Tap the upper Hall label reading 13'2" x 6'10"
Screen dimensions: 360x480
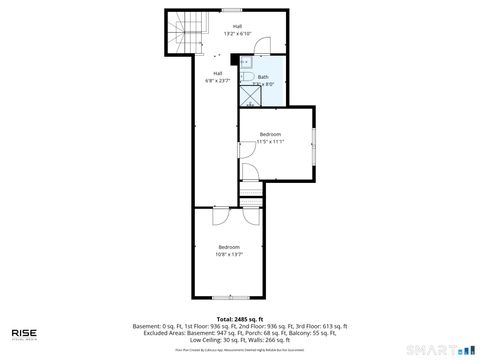point(237,31)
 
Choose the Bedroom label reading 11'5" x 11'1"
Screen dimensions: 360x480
point(270,137)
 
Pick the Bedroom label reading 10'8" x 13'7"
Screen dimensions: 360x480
point(229,250)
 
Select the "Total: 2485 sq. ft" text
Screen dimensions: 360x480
point(239,319)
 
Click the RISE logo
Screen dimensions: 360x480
point(25,334)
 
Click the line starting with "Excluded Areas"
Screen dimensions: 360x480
point(240,333)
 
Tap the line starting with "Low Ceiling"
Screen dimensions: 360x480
point(240,340)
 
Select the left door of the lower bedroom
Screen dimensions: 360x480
point(221,214)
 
